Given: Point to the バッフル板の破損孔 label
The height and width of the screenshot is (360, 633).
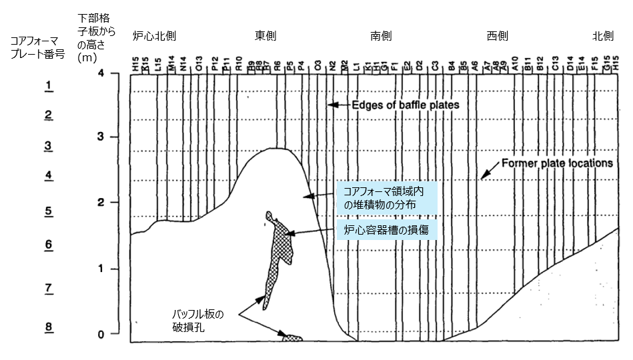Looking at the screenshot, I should pos(198,319).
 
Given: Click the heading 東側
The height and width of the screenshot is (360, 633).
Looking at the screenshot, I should pos(265,36).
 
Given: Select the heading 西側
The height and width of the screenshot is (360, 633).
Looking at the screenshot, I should pos(498,36).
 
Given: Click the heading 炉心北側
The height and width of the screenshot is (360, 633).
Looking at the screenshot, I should pos(154,36).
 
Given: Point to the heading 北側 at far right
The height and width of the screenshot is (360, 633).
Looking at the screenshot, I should pos(602,36).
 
